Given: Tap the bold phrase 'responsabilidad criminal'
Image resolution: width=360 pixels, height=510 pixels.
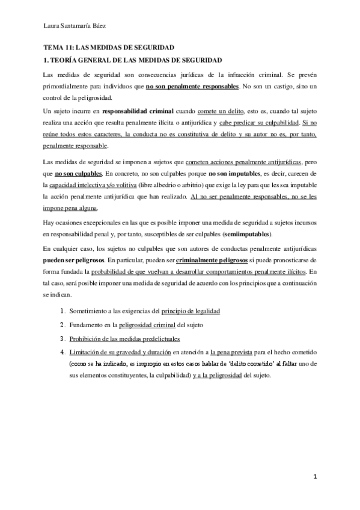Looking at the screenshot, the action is [x=138, y=112].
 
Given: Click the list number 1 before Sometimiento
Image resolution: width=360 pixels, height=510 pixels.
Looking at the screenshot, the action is [x=63, y=311].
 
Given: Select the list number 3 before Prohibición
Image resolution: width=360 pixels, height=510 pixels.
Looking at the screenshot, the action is [x=63, y=339].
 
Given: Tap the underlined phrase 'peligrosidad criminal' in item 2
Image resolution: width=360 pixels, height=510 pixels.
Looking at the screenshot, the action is [x=150, y=325].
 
